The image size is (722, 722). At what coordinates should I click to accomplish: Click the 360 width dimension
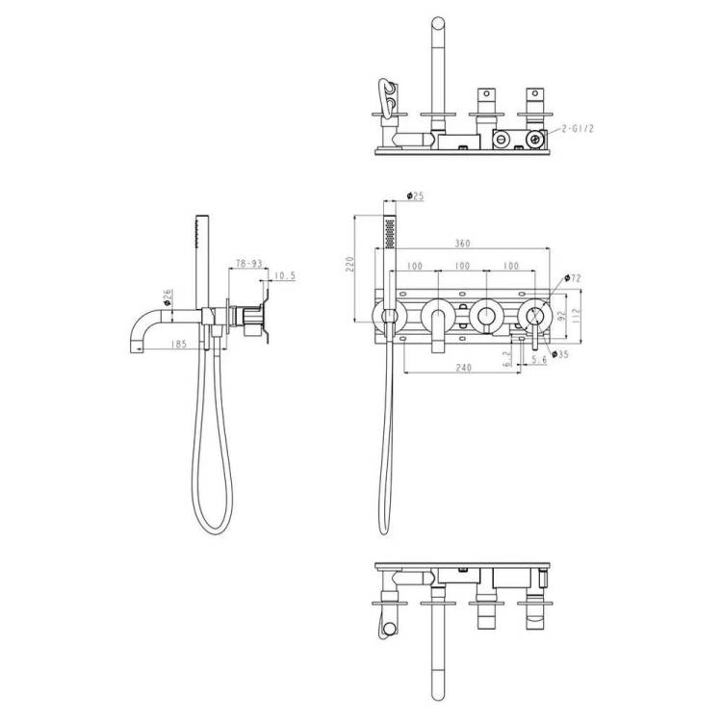[462, 243]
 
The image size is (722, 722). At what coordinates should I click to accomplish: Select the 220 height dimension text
[350, 265]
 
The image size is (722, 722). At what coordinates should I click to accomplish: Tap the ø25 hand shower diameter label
[415, 196]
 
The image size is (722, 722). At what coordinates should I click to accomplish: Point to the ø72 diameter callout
[573, 278]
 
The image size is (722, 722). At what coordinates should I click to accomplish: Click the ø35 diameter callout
[560, 354]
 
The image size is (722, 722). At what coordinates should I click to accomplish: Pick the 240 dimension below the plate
[463, 368]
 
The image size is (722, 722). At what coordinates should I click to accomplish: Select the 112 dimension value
[576, 316]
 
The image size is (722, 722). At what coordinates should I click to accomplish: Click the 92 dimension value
[561, 316]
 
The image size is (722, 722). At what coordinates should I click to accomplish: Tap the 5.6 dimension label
[539, 359]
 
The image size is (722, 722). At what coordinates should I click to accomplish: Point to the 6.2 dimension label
[507, 359]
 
